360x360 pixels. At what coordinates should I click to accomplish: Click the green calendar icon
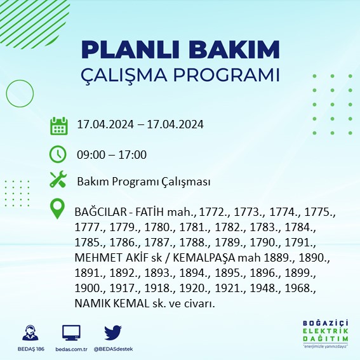point(58,125)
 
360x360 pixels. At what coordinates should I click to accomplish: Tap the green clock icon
point(58,154)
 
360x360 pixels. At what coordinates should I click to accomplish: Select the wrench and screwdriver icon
point(58,180)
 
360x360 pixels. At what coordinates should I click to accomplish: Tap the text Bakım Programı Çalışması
point(143,182)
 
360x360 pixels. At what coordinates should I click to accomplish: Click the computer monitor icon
point(71,333)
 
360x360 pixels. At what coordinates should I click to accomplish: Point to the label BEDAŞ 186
point(30,349)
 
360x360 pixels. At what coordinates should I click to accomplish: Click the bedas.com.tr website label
point(71,349)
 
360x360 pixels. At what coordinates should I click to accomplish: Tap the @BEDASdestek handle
point(114,349)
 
